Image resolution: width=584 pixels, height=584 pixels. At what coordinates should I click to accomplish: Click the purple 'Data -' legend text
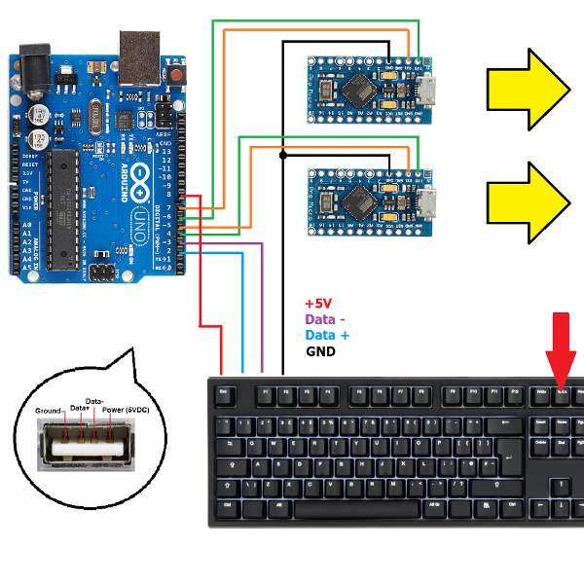point(325,319)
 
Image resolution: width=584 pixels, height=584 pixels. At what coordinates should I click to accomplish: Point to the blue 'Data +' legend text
point(327,335)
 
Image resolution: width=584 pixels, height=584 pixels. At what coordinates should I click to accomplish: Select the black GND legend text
point(320,350)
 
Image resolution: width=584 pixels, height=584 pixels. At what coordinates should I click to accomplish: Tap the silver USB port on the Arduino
point(140,57)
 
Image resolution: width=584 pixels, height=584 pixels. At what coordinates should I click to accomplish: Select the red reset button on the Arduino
point(176,76)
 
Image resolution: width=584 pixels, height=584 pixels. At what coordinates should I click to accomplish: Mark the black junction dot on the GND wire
point(283,155)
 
